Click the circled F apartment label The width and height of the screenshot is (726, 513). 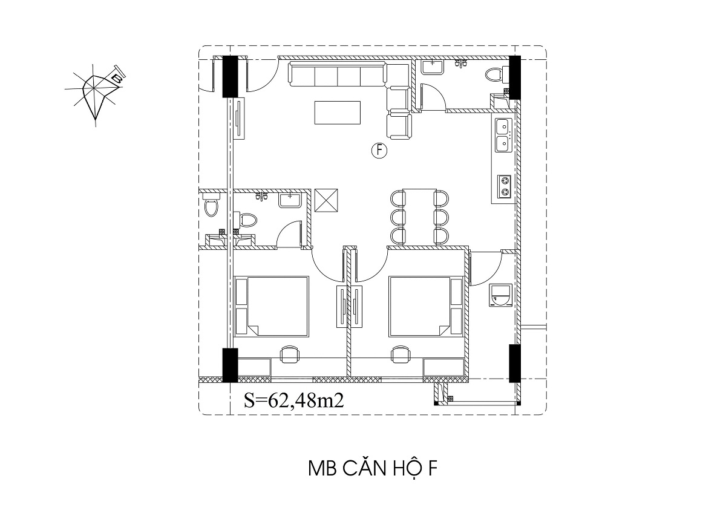tap(379, 151)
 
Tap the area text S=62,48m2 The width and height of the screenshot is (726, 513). tap(293, 401)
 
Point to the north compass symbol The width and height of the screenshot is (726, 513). tap(94, 94)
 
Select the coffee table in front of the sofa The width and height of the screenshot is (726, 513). tap(338, 113)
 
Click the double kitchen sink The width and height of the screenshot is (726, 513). tap(503, 135)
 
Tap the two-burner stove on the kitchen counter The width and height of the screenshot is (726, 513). tap(504, 186)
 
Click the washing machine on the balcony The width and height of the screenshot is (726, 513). tap(500, 295)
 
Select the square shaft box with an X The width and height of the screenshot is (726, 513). tap(326, 201)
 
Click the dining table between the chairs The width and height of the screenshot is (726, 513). tap(419, 216)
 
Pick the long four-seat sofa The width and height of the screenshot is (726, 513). tap(338, 74)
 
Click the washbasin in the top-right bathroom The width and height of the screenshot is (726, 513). tap(433, 67)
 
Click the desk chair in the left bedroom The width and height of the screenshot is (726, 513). tap(290, 355)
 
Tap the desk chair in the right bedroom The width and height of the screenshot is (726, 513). tap(401, 355)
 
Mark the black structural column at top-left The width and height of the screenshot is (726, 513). tap(230, 76)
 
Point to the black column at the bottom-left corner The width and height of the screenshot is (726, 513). tap(230, 365)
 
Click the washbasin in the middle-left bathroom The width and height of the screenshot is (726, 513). tap(290, 200)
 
